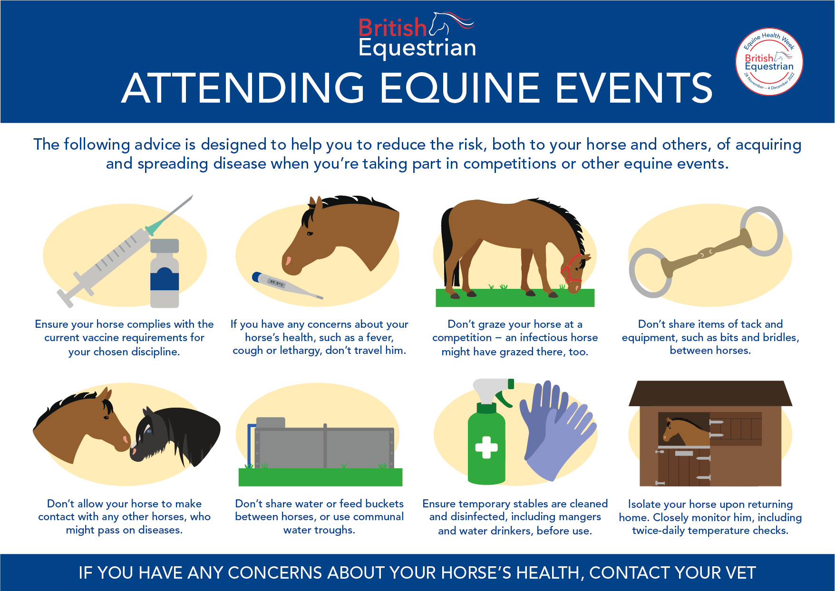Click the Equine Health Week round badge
click(769, 62)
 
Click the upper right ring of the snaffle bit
click(761, 231)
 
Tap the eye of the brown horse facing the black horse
click(106, 418)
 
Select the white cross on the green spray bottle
click(486, 448)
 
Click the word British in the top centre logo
click(392, 28)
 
